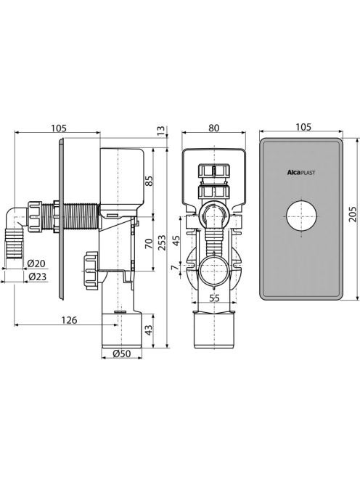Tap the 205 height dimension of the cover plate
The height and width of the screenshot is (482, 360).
[353, 213]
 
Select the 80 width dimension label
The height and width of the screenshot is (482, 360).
[213, 128]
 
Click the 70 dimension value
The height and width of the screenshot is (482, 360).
[149, 243]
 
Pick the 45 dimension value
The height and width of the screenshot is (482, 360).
[176, 241]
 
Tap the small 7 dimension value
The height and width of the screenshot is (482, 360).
[175, 268]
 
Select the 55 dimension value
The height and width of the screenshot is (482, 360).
[214, 298]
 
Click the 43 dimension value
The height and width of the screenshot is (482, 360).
[149, 330]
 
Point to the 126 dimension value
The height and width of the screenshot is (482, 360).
[69, 320]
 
